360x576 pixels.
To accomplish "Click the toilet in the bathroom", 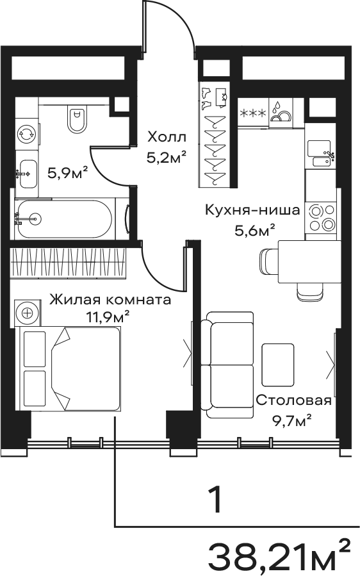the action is (x=77, y=119).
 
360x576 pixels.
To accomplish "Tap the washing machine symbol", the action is (x=27, y=135).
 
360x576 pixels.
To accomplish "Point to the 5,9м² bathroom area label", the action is (x=68, y=172).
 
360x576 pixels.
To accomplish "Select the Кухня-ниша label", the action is (x=252, y=211).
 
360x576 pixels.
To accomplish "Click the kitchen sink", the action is (x=321, y=154).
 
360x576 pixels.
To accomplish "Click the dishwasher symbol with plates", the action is (x=281, y=111).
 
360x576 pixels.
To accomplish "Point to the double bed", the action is (x=70, y=368).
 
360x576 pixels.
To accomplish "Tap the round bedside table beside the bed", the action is (x=27, y=313).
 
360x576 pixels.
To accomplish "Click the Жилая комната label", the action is (x=110, y=300).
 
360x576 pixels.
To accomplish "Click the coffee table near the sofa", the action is (x=278, y=365).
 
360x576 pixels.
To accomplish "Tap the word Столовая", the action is (x=293, y=400).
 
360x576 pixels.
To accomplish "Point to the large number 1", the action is (x=215, y=499).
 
